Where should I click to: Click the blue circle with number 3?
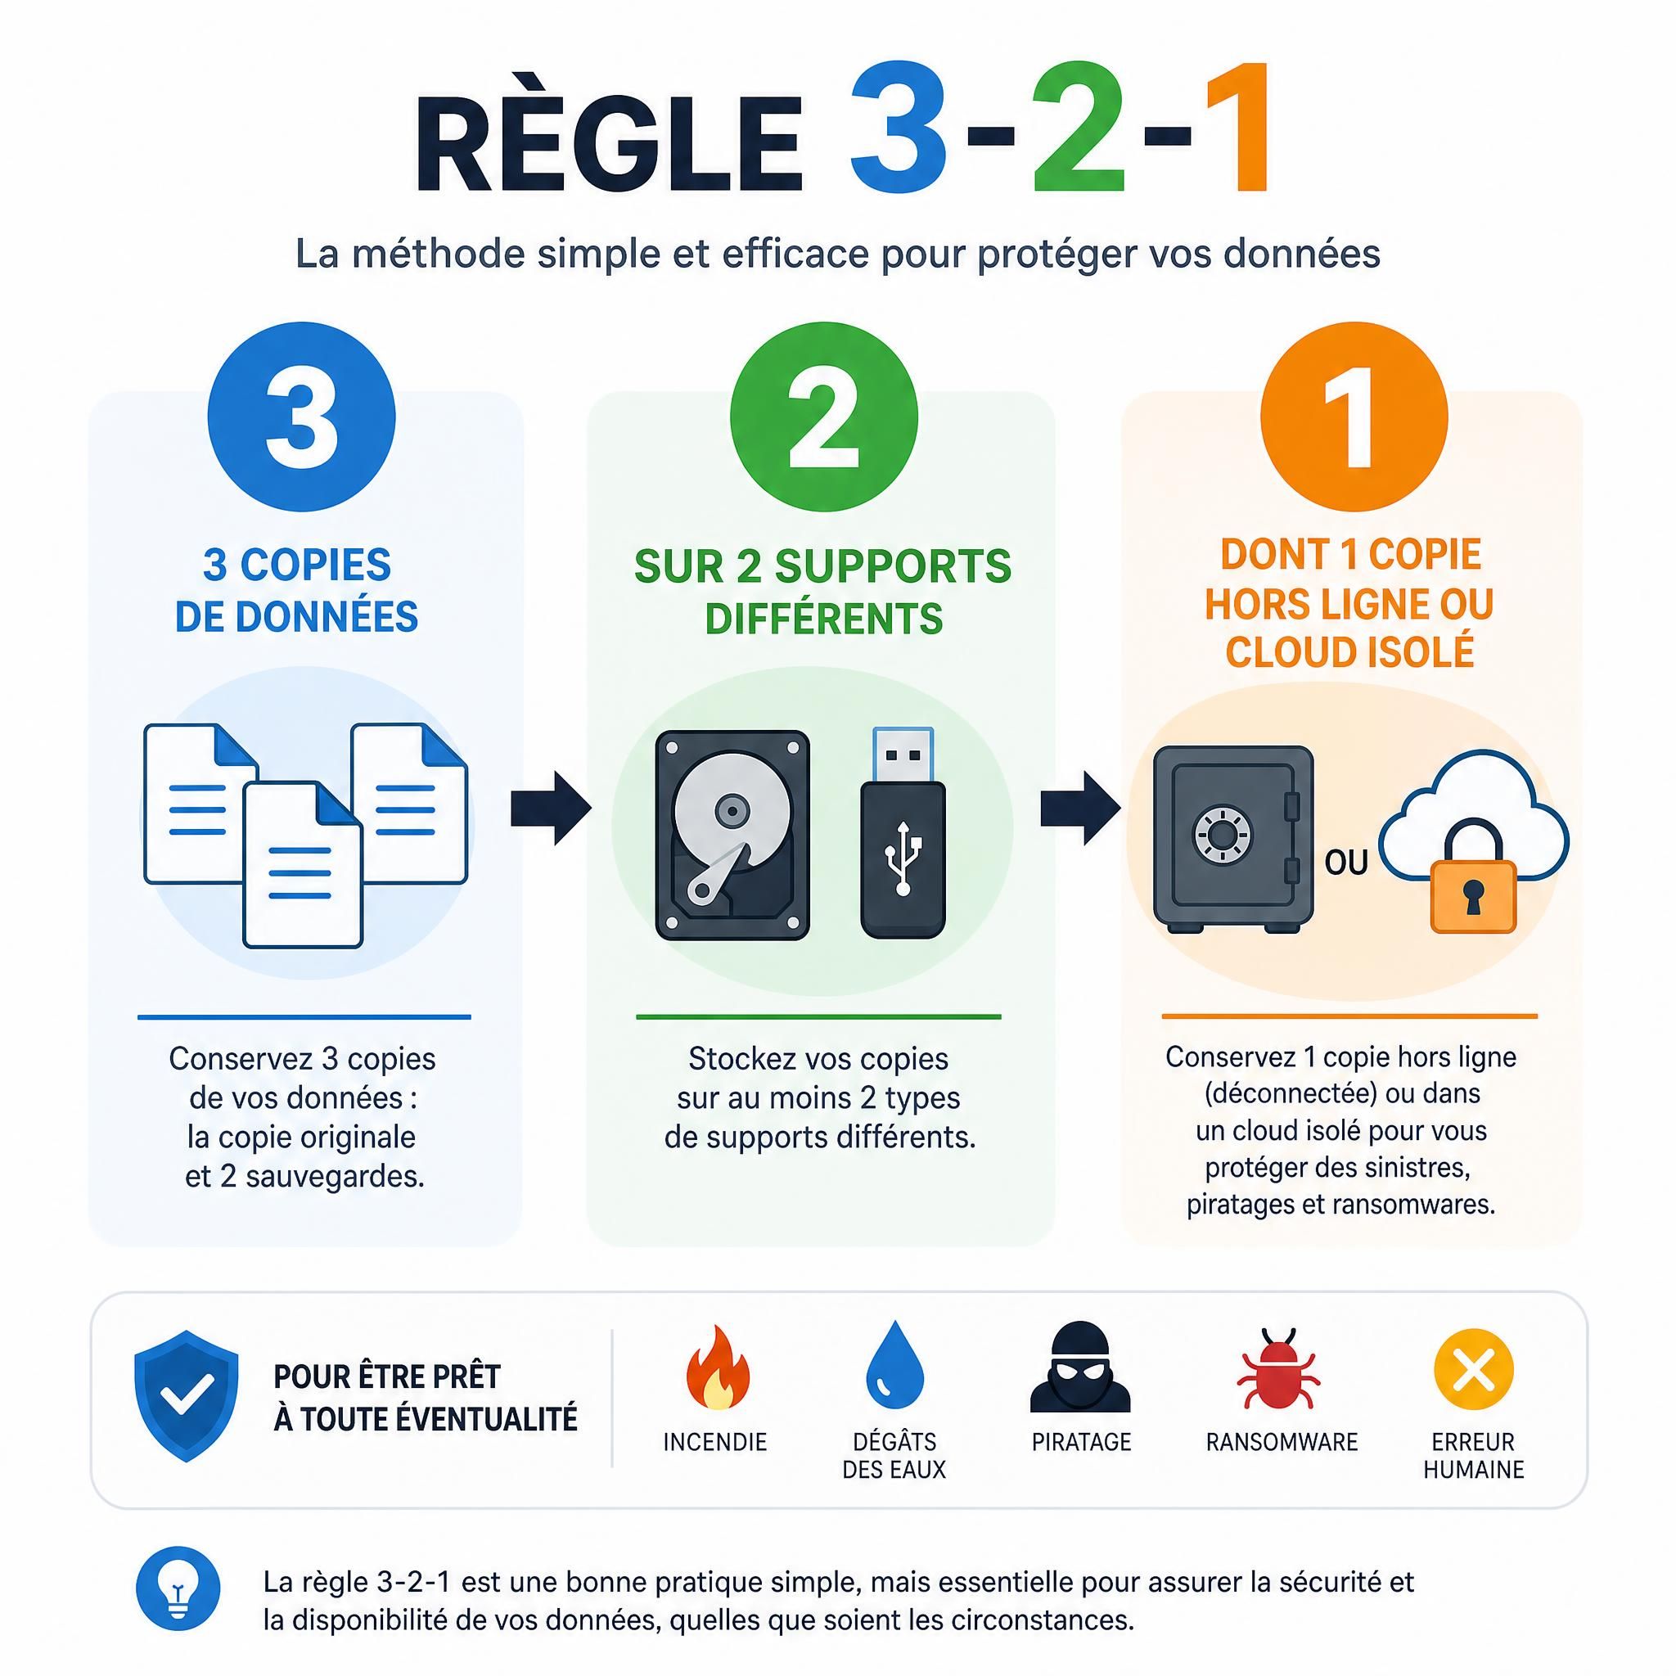coord(301,417)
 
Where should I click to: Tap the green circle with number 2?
coord(823,417)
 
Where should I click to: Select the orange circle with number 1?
coord(1354,417)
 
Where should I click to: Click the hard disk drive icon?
coord(732,836)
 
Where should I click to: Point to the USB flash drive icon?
coord(903,833)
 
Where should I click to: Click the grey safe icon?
coord(1232,839)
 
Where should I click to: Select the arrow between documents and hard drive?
coord(551,809)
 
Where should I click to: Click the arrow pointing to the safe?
coord(1080,809)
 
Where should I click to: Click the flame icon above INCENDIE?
coord(717,1367)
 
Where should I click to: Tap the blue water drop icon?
coord(894,1366)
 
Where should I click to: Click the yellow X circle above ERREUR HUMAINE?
coord(1473,1369)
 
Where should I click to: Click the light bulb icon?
coord(178,1588)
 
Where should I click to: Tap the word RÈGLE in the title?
coord(608,145)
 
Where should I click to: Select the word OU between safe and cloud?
coord(1345,863)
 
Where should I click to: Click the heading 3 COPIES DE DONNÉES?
coord(297,591)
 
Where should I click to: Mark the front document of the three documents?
coord(302,864)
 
